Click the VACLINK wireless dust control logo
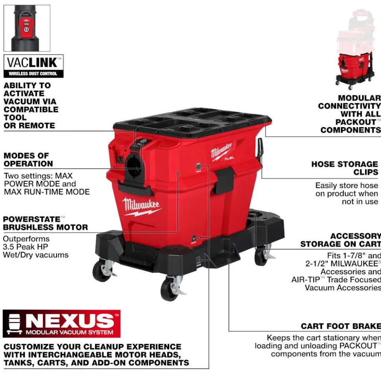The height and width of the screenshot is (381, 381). click(x=33, y=66)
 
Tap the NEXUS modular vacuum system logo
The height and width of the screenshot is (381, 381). click(x=62, y=324)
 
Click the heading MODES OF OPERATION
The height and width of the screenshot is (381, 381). click(x=28, y=160)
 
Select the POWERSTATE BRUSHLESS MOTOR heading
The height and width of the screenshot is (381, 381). click(x=45, y=223)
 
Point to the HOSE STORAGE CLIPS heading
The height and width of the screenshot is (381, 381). click(x=344, y=168)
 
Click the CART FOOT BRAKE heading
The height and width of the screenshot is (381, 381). click(x=341, y=326)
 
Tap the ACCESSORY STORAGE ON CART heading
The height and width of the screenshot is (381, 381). click(x=340, y=240)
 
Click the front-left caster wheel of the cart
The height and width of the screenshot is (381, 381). click(x=102, y=270)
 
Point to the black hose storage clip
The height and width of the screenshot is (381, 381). click(x=260, y=149)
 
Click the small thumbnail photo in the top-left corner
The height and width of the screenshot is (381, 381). click(x=27, y=28)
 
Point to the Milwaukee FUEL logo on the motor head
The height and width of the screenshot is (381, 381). click(x=223, y=151)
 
